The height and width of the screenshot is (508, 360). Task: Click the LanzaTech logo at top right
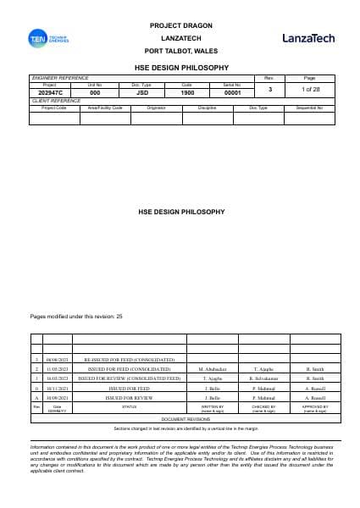click(x=308, y=39)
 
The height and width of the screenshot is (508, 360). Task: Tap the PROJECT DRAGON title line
click(x=177, y=27)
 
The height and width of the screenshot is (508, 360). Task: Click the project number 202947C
click(x=49, y=91)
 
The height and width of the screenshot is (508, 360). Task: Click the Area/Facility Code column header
click(x=106, y=108)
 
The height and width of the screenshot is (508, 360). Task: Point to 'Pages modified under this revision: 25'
click(x=76, y=316)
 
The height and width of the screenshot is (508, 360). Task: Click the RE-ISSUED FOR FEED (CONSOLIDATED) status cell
click(x=123, y=360)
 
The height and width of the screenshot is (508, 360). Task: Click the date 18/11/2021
click(x=58, y=388)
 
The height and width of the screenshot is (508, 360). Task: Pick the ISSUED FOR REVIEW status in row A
click(x=123, y=397)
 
